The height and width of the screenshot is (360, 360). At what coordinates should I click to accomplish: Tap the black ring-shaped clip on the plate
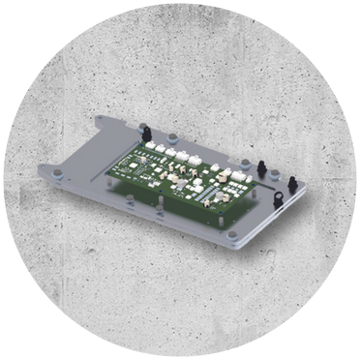coord(279,198)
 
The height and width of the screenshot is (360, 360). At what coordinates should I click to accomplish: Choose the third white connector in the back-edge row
coord(185,154)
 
